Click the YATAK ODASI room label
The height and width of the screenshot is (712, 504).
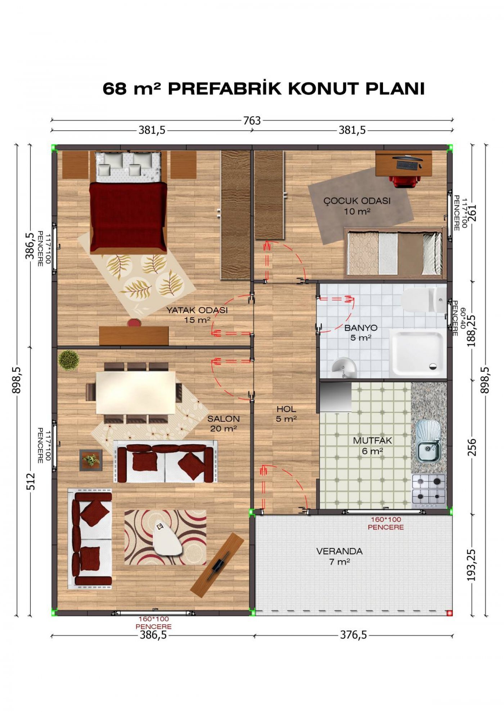point(197,310)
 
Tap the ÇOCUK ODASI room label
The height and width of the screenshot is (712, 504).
point(357,201)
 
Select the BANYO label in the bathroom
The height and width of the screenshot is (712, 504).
point(361,328)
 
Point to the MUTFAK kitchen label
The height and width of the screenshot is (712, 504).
point(372,440)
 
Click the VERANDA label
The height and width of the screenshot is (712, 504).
point(339,551)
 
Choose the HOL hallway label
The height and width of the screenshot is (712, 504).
point(287,409)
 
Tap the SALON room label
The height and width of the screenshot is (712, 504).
point(224,419)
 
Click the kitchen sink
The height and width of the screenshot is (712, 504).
point(428,441)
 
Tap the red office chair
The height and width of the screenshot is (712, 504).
point(406,180)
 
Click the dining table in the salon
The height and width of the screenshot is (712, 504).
point(136,393)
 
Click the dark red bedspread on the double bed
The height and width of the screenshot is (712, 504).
point(128,216)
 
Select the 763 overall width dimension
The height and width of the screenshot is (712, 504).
point(252,121)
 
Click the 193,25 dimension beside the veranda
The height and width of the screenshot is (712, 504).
point(471,565)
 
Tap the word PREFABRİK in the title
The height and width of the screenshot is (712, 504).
point(225,89)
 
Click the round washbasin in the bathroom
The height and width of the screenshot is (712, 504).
point(343,367)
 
